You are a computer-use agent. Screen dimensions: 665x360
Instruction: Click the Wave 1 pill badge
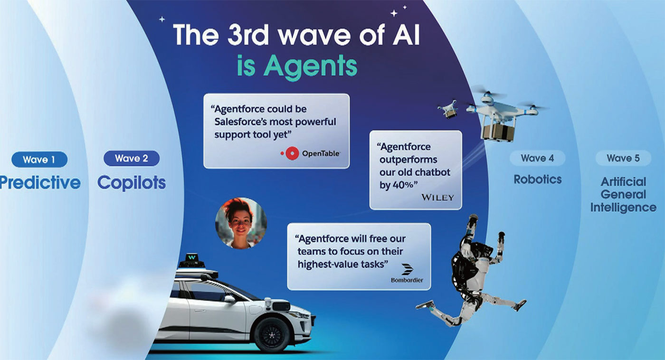point(39,160)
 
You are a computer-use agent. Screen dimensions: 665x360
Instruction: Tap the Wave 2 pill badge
point(132,158)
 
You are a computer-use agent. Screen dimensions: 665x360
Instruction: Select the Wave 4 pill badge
point(538,158)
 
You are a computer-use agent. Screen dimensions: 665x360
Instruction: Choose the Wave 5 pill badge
point(623,158)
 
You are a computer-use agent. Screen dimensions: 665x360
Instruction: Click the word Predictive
point(40,182)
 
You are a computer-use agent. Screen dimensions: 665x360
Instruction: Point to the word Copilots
point(132,182)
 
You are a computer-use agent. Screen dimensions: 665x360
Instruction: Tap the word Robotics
point(538,179)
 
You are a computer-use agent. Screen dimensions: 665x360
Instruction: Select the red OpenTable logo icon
point(290,153)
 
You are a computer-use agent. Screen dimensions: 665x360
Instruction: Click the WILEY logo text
point(437,198)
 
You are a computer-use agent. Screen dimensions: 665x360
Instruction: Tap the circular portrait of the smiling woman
point(241,223)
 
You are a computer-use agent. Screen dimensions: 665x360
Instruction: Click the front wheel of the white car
point(272,335)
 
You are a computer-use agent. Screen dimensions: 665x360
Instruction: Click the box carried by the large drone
point(498,132)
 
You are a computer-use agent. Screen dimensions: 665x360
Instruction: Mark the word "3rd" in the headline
point(248,35)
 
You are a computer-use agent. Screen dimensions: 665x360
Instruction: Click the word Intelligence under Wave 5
point(623,208)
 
